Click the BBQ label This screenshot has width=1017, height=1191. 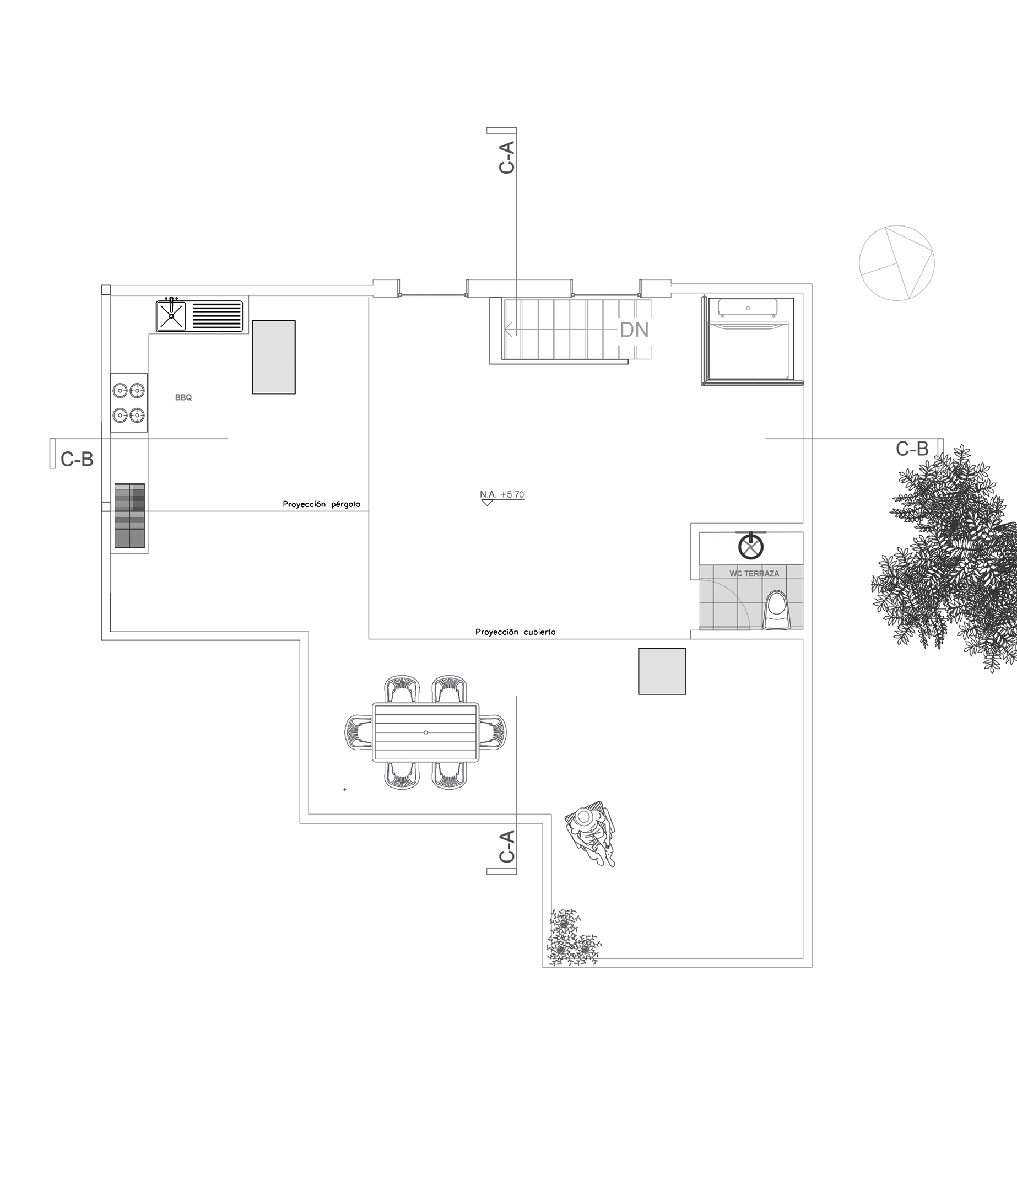(x=183, y=398)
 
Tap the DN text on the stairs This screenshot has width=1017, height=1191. (x=634, y=330)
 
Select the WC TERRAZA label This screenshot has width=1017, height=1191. (x=754, y=574)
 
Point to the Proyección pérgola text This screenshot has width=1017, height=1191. (x=321, y=504)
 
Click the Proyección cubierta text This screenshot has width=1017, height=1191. (x=516, y=632)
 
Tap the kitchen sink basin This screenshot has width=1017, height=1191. (x=171, y=316)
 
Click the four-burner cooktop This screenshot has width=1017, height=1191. (x=129, y=402)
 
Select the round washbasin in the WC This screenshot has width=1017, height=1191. (x=750, y=546)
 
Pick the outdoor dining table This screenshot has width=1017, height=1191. (x=425, y=732)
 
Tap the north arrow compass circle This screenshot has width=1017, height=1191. (x=896, y=263)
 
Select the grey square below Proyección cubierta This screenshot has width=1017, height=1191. (x=662, y=671)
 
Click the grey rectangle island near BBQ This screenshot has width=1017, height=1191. (x=273, y=357)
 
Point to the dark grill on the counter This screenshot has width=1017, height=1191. (x=130, y=515)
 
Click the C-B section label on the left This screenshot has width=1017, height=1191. (x=77, y=459)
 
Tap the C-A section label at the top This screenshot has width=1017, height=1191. (x=507, y=158)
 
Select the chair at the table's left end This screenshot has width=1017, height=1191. (x=359, y=732)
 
